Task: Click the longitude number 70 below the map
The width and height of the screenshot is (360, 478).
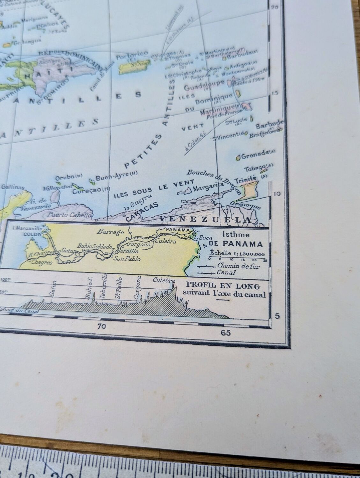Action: click(x=101, y=326)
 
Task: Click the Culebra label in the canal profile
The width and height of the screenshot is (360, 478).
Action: click(x=164, y=280)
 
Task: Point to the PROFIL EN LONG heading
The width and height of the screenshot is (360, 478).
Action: click(x=223, y=285)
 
